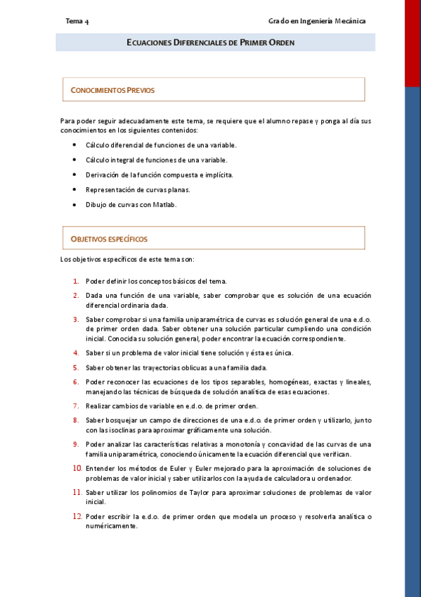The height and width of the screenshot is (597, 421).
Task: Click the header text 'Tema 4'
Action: pyautogui.click(x=77, y=21)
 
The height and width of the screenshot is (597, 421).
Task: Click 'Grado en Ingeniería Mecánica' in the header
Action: pyautogui.click(x=317, y=21)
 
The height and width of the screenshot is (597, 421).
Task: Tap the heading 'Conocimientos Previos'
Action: pyautogui.click(x=112, y=90)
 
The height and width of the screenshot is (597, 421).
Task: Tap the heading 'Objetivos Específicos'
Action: pyautogui.click(x=109, y=239)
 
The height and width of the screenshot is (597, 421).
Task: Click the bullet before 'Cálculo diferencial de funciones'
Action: pyautogui.click(x=75, y=144)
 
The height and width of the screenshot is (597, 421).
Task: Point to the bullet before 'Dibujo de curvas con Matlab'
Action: pyautogui.click(x=75, y=204)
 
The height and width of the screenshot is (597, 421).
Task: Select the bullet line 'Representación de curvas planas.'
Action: pyautogui.click(x=138, y=189)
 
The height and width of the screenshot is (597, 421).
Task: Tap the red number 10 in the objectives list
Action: pyautogui.click(x=77, y=468)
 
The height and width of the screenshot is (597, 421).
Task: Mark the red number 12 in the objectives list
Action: pyautogui.click(x=77, y=516)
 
